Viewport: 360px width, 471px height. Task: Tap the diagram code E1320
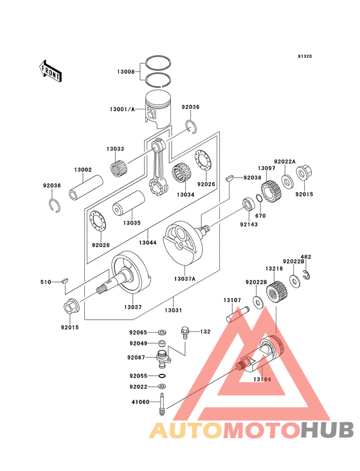[x=305, y=57]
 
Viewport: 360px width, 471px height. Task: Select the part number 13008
[x=125, y=72]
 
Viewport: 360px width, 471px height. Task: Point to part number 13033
[x=116, y=149]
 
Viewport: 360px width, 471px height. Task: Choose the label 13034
[x=185, y=194]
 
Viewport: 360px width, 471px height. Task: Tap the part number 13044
[x=148, y=243]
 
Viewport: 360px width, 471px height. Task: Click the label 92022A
[x=284, y=162]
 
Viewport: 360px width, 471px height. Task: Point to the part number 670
[x=260, y=216]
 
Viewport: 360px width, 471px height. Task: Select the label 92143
[x=249, y=225]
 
